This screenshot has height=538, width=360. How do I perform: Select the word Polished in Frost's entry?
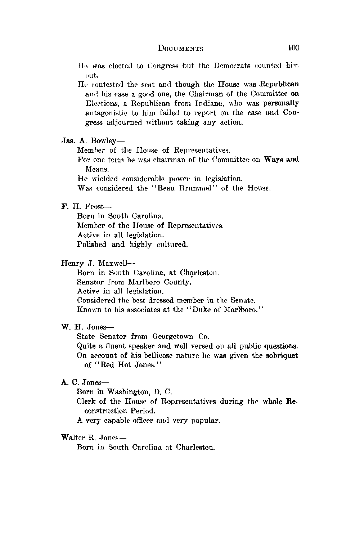pyautogui.click(x=92, y=245)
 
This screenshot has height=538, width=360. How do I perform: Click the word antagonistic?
pyautogui.click(x=109, y=113)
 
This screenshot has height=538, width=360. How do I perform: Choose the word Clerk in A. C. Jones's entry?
pyautogui.click(x=85, y=402)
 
